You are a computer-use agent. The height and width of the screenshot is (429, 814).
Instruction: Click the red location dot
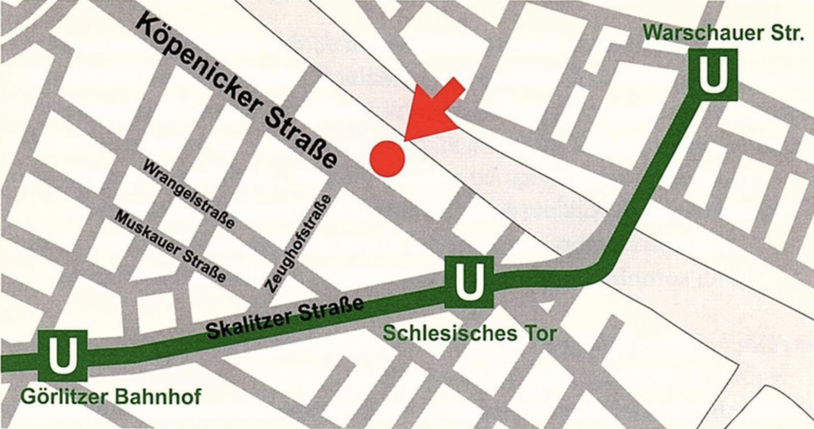(x=387, y=158)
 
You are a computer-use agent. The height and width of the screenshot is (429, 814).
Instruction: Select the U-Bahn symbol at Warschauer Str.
(x=713, y=75)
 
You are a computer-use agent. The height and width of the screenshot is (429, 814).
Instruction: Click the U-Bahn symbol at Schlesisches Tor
(x=469, y=282)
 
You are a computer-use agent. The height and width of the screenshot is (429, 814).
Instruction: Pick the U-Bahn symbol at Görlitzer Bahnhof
(x=63, y=355)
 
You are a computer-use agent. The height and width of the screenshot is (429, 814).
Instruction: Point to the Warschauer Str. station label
(x=723, y=33)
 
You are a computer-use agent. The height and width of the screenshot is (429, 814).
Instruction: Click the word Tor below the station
(x=539, y=334)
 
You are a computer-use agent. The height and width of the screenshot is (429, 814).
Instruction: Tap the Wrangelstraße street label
(x=189, y=194)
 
